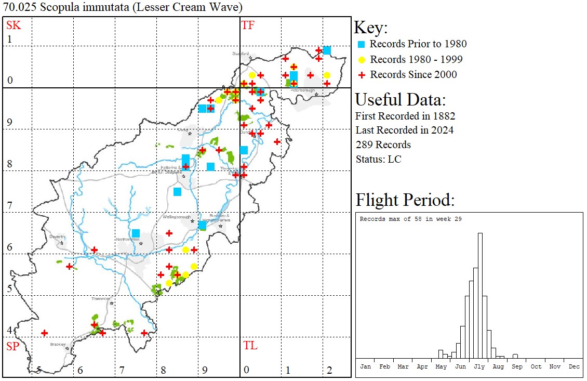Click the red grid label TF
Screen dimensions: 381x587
248,25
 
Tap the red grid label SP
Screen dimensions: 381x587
12,346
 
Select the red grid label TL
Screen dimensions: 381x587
250,346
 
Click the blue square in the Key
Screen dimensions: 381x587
362,44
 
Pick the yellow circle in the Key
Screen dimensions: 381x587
362,60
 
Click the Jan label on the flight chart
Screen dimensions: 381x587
366,366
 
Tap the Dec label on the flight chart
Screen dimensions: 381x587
573,366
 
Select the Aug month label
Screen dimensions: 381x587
498,366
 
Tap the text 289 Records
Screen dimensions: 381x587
383,144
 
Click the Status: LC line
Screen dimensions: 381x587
378,159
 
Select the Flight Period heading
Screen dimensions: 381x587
405,200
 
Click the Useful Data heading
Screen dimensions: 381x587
400,99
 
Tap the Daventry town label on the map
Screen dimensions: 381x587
57,237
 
